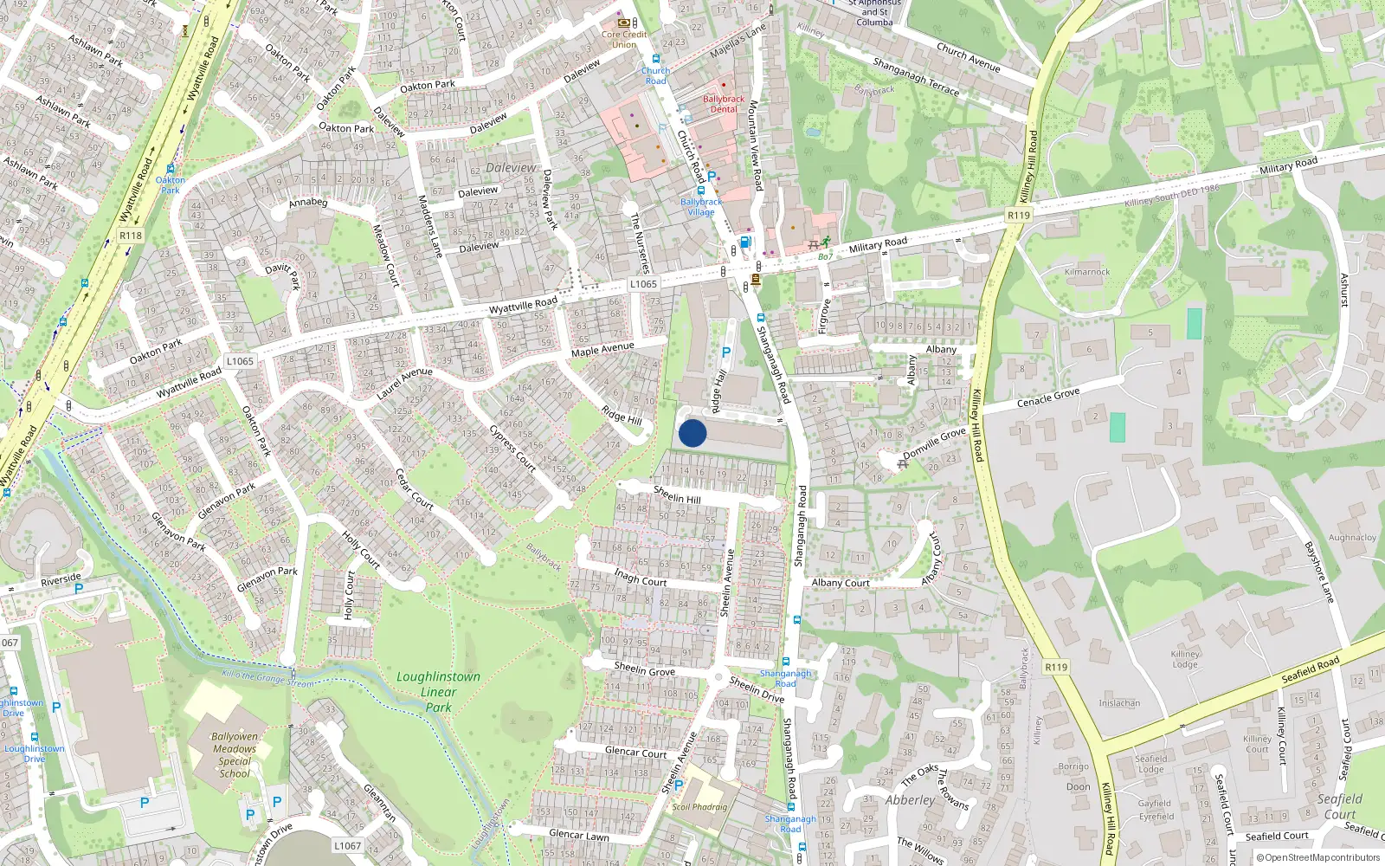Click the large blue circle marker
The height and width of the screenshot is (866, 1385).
pos(692,433)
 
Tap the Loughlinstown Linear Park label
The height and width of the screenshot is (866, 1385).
pos(438,692)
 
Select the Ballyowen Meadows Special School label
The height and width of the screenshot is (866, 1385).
pos(235,755)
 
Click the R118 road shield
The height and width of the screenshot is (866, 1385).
pos(131,236)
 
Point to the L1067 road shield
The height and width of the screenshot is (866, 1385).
pos(347,846)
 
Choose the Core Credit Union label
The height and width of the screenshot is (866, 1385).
pos(624,40)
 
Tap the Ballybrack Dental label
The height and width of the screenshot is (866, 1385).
pos(724,104)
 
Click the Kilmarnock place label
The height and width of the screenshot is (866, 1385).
pos(1087,272)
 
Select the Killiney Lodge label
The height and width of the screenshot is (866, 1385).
pos(1185,659)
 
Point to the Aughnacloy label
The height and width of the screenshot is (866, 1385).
pos(1351,538)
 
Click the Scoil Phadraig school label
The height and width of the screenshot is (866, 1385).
pos(699,807)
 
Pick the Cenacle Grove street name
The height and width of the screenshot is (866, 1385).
pos(1048,398)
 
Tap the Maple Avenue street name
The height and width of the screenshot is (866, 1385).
pos(602,349)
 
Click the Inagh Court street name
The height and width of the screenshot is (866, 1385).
pos(640,577)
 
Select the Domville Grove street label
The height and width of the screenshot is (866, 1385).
pos(934,443)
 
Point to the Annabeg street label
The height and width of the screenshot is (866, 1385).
pos(308,204)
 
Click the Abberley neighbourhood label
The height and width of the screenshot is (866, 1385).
pos(910,800)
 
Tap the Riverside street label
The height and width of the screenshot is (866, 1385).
pos(61,579)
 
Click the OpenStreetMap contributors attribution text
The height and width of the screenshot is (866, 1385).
pos(1322,858)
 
